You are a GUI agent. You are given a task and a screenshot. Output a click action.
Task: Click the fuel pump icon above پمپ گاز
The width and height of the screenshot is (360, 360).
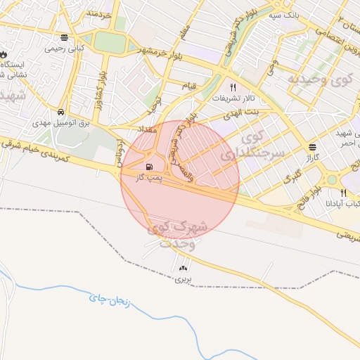(148, 167)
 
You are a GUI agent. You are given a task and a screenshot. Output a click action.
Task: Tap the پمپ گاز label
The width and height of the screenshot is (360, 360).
(149, 178)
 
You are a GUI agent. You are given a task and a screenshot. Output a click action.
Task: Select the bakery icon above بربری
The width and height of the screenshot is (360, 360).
(184, 268)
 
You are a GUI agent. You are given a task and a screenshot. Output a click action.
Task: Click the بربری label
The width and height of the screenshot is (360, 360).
(184, 279)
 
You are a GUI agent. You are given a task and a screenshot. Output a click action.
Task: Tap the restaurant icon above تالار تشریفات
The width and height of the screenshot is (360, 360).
(233, 88)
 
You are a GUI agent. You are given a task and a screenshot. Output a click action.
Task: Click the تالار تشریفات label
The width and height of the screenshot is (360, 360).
(232, 98)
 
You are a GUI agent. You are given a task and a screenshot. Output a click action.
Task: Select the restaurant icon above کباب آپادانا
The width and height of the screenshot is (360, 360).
(343, 193)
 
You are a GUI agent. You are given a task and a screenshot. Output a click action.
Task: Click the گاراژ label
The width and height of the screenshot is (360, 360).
(311, 158)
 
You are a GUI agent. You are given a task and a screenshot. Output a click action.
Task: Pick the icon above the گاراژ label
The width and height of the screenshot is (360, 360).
(311, 147)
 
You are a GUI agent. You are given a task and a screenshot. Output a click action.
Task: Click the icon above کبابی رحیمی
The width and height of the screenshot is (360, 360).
(65, 38)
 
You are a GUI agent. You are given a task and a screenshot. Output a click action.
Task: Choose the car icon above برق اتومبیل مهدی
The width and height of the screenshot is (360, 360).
(61, 112)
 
